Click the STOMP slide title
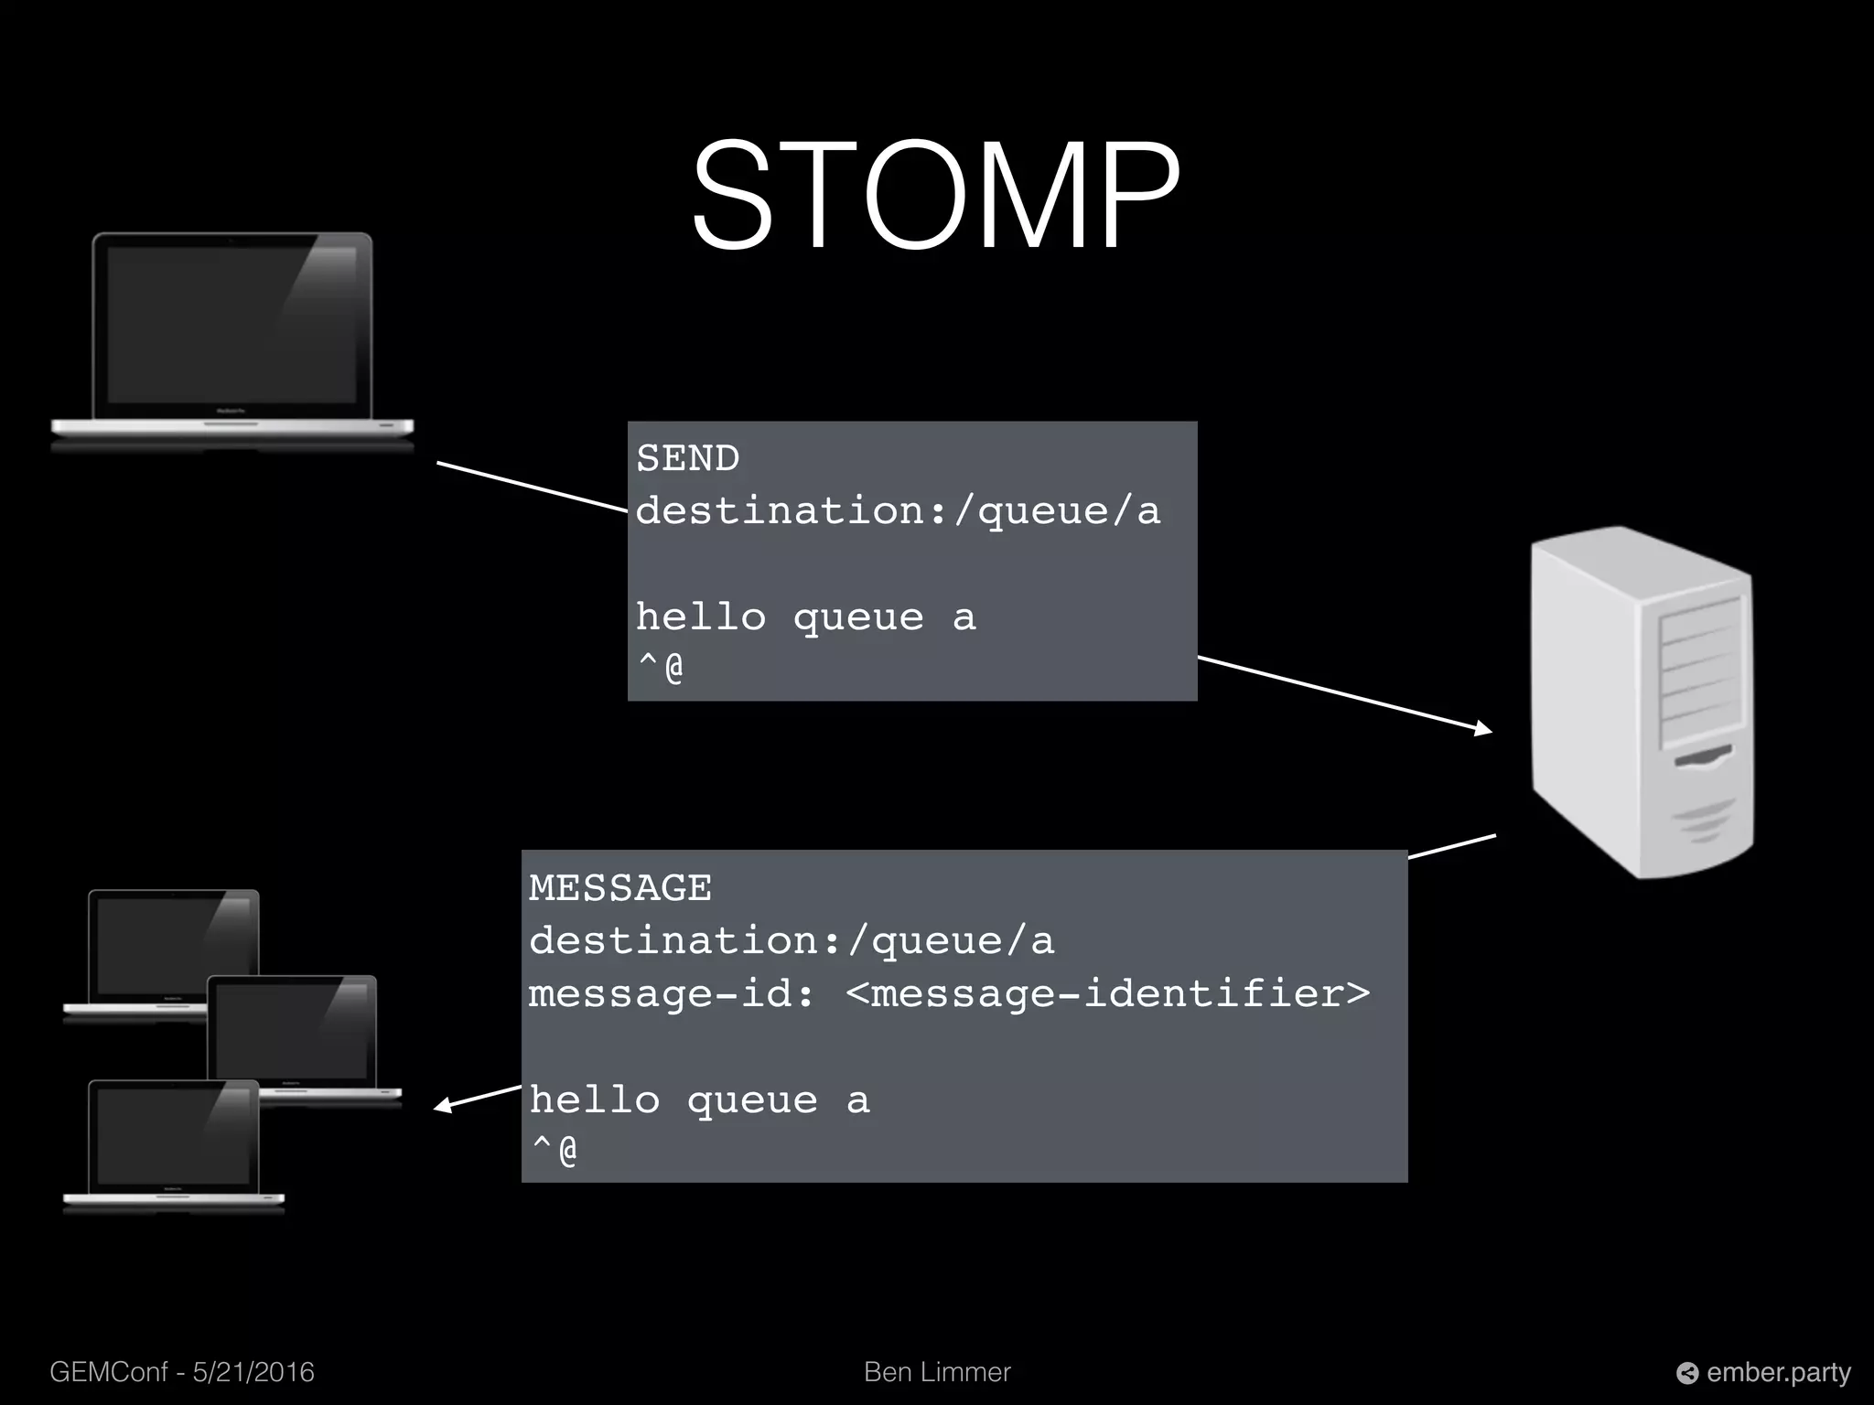point(936,196)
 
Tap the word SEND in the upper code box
point(688,458)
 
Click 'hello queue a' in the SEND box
point(805,617)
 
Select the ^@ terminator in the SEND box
point(661,668)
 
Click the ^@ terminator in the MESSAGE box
point(555,1150)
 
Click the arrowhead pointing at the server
point(1483,729)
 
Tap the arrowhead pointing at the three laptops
point(444,1107)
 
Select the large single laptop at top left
point(232,338)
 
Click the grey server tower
point(1642,702)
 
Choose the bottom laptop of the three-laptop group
point(174,1143)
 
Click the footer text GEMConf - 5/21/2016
point(182,1372)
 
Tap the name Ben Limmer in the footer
point(937,1372)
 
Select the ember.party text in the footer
point(1778,1372)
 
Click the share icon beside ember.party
point(1686,1373)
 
